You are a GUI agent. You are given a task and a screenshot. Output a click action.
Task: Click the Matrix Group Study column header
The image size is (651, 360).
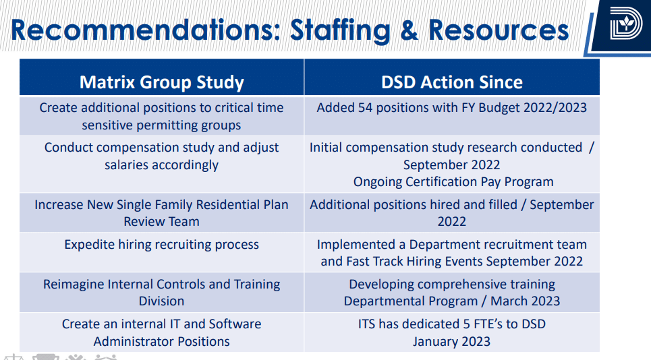click(x=162, y=82)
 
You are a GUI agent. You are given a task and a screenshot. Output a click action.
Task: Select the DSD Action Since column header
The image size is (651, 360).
click(x=451, y=82)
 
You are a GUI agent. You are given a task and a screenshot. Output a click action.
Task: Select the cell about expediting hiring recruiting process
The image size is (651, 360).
click(x=162, y=245)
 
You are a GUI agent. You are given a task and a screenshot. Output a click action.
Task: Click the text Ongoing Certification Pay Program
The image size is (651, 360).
click(x=453, y=182)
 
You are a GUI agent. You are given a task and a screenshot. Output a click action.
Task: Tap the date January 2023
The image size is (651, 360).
click(x=451, y=341)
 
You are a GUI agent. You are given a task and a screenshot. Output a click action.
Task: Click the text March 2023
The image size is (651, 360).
click(x=525, y=301)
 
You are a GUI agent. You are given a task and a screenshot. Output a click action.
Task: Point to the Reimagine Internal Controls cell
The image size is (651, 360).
click(x=162, y=293)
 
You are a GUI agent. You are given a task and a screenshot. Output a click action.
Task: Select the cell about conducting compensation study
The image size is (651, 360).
click(x=162, y=156)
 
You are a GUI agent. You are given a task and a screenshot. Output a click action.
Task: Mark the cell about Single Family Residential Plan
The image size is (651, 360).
click(x=162, y=212)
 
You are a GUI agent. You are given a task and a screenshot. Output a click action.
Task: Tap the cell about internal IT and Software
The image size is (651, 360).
click(x=162, y=332)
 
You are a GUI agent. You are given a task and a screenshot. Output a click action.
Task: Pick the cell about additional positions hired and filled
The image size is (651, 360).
click(x=451, y=212)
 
